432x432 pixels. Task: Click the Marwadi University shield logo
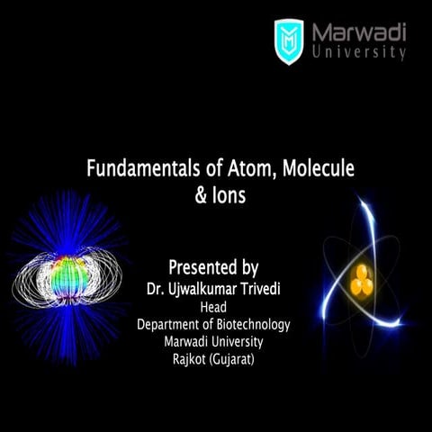(x=289, y=41)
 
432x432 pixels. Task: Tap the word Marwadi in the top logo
(x=359, y=32)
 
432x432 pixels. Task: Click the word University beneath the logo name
(x=359, y=53)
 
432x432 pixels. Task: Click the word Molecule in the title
(x=303, y=168)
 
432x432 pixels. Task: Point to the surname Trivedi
(x=269, y=290)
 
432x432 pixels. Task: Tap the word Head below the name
(x=213, y=307)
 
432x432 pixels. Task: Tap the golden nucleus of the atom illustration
(x=362, y=280)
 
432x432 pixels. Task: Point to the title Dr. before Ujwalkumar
(x=155, y=290)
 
